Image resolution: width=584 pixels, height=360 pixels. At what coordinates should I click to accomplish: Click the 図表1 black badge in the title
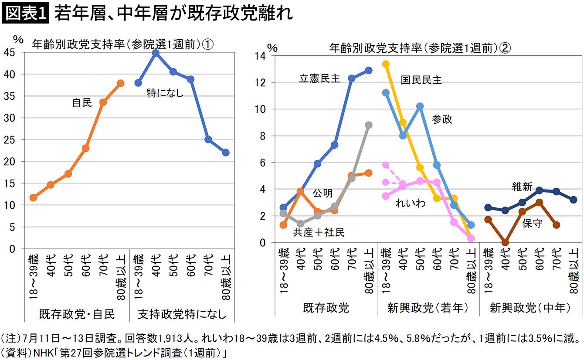(25, 13)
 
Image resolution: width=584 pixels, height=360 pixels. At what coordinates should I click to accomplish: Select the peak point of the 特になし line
(156, 53)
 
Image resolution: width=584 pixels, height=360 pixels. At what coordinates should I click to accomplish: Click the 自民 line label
(82, 102)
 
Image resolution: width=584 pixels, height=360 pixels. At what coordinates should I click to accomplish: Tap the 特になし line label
(165, 93)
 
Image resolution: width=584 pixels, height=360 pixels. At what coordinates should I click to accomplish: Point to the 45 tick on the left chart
(9, 53)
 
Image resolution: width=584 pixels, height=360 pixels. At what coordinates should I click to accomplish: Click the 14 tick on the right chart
(260, 56)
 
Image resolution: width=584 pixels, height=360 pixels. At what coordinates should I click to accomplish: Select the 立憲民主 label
(319, 78)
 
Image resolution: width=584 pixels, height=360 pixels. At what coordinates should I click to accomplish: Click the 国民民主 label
(421, 80)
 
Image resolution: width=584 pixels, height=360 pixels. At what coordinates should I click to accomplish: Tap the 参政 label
(442, 119)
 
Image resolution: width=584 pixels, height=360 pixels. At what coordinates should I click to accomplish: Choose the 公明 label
(323, 193)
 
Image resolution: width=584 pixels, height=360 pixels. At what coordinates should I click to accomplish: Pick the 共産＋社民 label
(319, 232)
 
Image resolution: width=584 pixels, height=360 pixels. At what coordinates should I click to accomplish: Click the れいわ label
(411, 203)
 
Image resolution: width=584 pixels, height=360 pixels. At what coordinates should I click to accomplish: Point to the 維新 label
(522, 187)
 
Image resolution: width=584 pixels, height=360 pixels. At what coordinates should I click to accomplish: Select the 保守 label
(532, 223)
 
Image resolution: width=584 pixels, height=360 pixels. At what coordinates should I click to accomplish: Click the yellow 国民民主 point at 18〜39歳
(386, 64)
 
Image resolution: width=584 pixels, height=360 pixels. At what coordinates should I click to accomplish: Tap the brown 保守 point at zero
(505, 242)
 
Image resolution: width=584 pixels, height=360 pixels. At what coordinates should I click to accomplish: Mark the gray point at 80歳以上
(369, 125)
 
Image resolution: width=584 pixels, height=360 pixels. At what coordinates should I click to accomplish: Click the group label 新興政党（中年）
(530, 308)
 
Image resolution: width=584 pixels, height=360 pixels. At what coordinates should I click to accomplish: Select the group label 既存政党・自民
(77, 314)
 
